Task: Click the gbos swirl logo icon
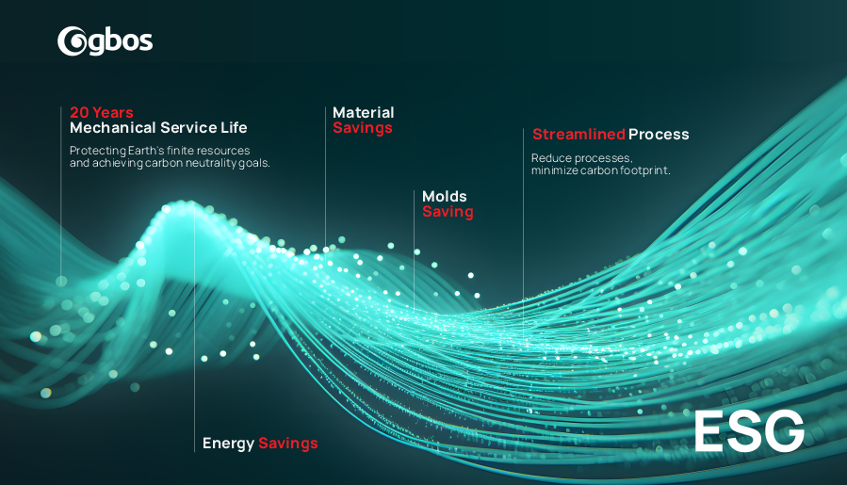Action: pos(72,41)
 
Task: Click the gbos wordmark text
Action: pos(120,41)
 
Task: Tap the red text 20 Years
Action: pos(102,112)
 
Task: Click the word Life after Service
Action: pos(234,127)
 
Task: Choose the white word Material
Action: pos(364,112)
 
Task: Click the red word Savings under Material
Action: pos(363,128)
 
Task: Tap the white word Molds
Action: pos(445,196)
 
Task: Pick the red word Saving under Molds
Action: pos(448,212)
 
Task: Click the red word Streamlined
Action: pos(579,134)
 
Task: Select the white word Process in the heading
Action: pos(659,134)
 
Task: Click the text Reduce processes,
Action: pos(581,157)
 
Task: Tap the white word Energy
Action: pos(228,444)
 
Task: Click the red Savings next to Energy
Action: pos(288,444)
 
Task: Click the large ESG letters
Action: pos(749,431)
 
